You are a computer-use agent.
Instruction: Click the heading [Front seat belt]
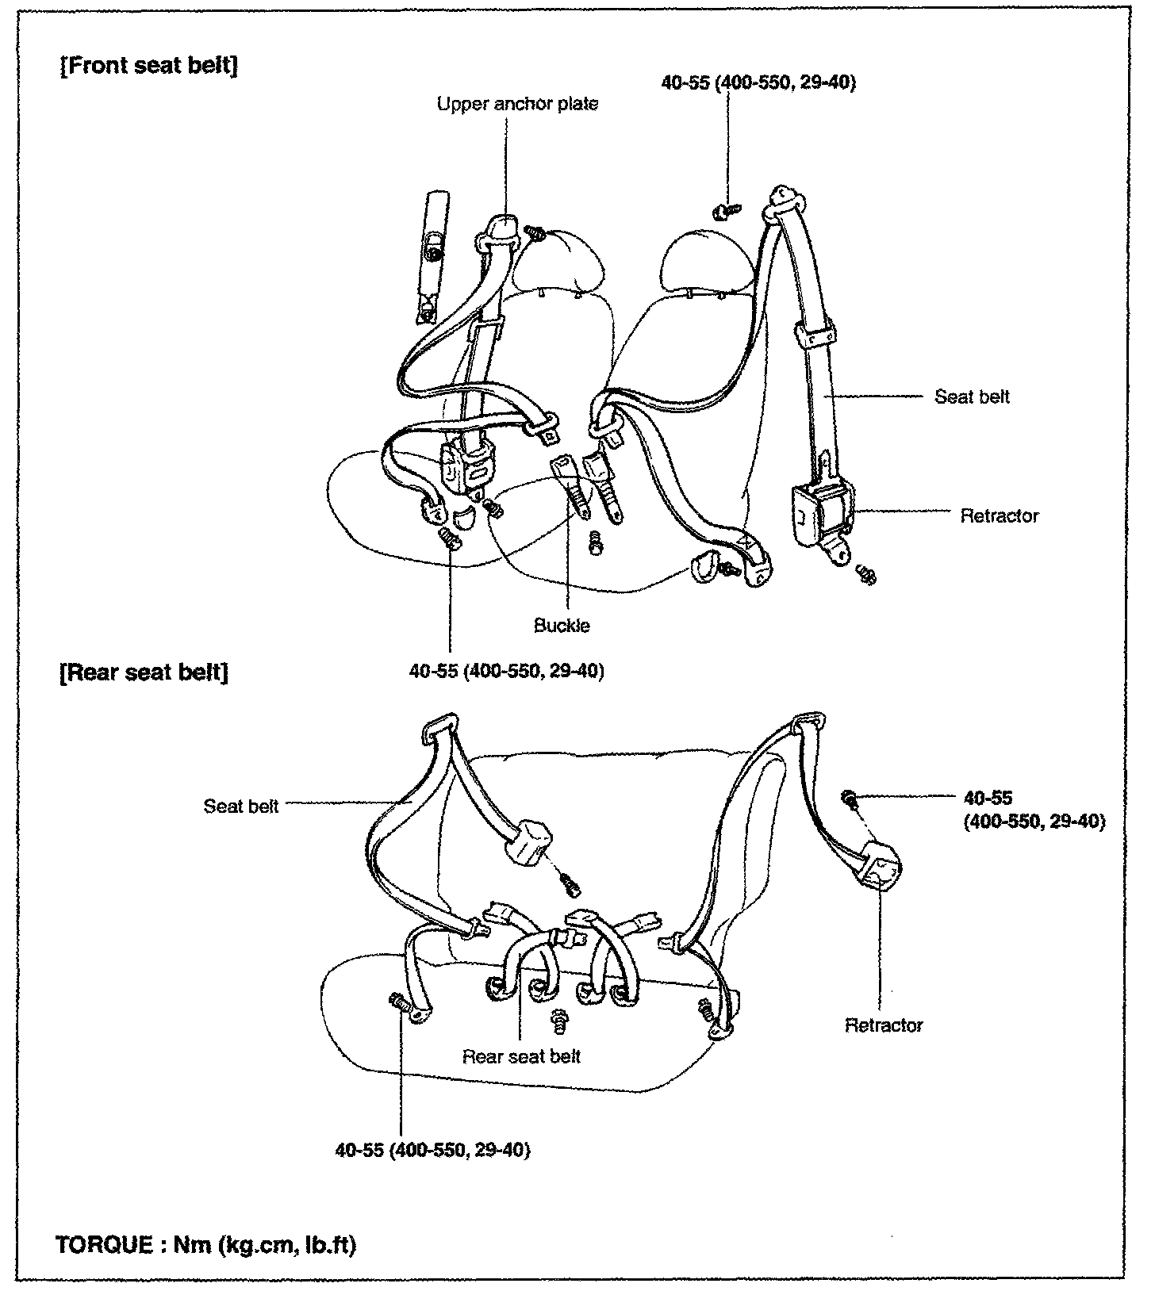pyautogui.click(x=148, y=65)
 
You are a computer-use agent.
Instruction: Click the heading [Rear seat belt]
pyautogui.click(x=144, y=672)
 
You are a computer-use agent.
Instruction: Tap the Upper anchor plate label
pyautogui.click(x=517, y=104)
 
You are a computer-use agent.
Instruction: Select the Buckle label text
pyautogui.click(x=562, y=625)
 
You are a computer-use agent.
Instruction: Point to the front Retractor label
pyautogui.click(x=999, y=516)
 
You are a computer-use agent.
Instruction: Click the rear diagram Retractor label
pyautogui.click(x=884, y=1025)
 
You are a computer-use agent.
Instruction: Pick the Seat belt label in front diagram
pyautogui.click(x=972, y=396)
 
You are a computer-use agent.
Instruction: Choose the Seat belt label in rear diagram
pyautogui.click(x=241, y=806)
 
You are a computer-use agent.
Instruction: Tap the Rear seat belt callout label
pyautogui.click(x=521, y=1056)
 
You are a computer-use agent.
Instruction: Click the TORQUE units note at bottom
pyautogui.click(x=206, y=1244)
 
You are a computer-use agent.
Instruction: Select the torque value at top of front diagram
pyautogui.click(x=758, y=82)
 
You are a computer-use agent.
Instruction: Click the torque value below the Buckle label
pyautogui.click(x=507, y=671)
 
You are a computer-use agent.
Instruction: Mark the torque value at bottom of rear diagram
pyautogui.click(x=432, y=1150)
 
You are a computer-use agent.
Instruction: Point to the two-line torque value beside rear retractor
pyautogui.click(x=1034, y=810)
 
